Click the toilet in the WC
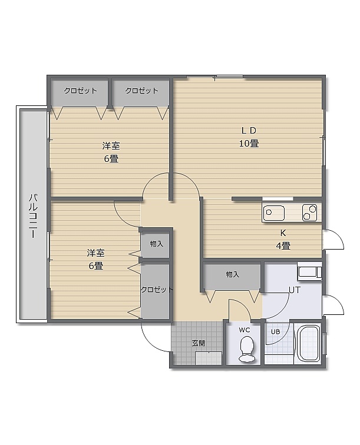246,350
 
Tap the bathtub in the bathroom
308,344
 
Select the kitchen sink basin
273,213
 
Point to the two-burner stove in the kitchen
309,212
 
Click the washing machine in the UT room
309,271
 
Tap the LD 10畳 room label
249,137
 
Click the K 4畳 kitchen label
283,239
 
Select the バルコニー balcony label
33,215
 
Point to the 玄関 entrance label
199,343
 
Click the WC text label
245,330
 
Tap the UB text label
275,331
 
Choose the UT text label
295,290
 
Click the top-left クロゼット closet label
80,91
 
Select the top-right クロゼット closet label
141,91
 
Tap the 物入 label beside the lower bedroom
157,244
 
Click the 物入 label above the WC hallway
232,274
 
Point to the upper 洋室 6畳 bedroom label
111,152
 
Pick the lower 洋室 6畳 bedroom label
95,259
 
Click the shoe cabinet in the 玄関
209,358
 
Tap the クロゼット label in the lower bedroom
157,290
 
